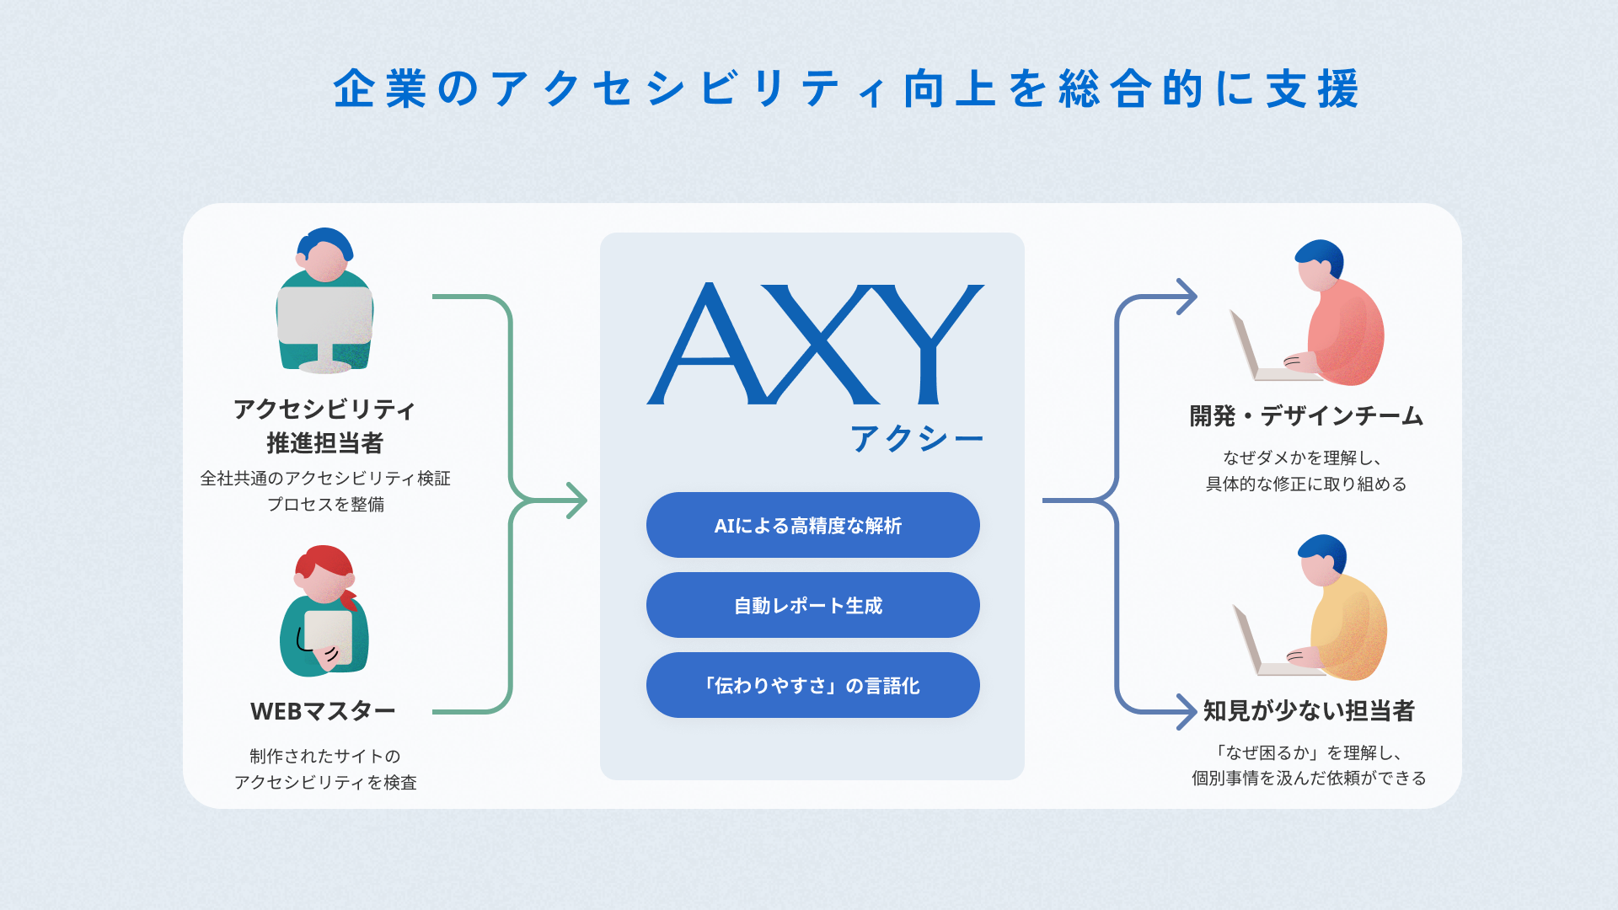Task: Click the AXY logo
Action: coord(815,344)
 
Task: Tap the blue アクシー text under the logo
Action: coord(917,438)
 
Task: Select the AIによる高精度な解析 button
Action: coord(812,525)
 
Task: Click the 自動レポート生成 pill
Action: coord(812,605)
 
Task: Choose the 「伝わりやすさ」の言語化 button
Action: coord(812,685)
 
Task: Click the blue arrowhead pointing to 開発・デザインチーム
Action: coord(1187,297)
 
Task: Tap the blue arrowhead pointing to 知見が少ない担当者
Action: coord(1187,712)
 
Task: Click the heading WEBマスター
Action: coord(323,711)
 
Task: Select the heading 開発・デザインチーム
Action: coord(1306,415)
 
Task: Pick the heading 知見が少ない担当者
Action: coord(1309,710)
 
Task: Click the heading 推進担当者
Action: coord(324,442)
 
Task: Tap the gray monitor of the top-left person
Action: coord(324,316)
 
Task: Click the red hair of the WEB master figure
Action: coord(324,560)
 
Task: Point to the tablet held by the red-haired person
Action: coord(328,636)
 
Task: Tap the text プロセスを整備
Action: coord(325,504)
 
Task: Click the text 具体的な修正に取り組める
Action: coord(1305,484)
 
